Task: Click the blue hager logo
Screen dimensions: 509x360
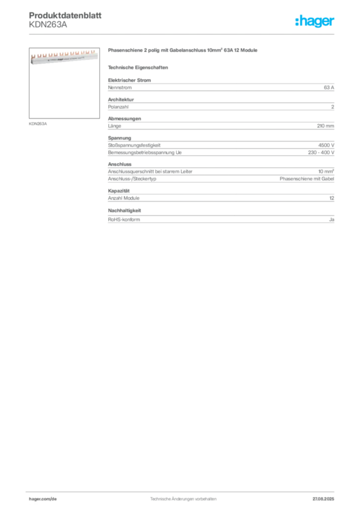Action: (315, 22)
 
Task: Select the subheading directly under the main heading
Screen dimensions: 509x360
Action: (139, 67)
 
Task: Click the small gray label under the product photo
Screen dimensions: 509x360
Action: (38, 123)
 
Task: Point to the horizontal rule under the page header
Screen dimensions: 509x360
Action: (183, 34)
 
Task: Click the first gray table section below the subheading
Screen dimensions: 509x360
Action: (221, 87)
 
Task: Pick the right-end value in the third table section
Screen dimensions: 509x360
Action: (326, 126)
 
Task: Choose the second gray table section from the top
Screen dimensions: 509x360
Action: (221, 105)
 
